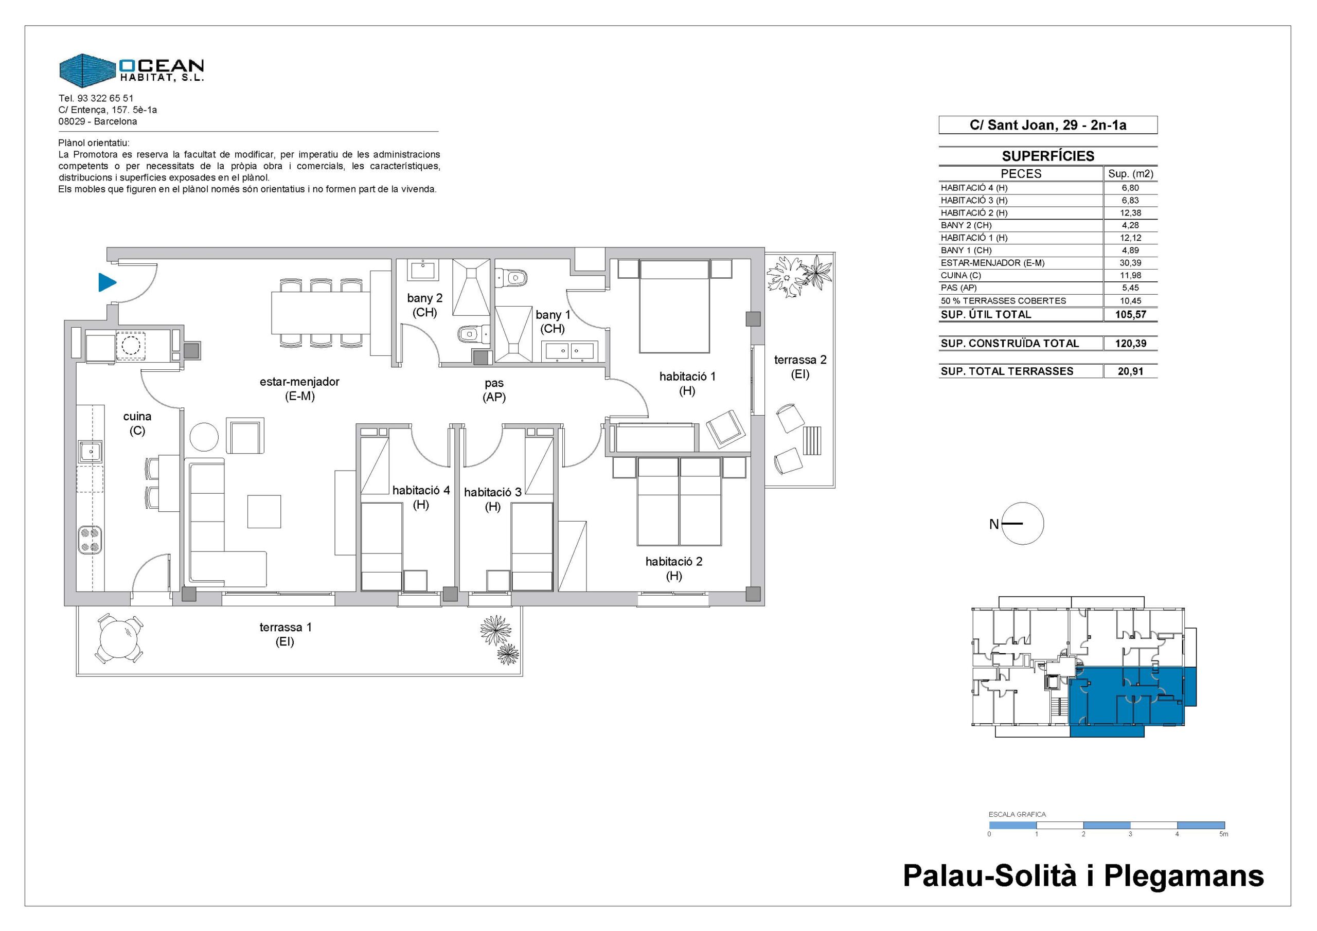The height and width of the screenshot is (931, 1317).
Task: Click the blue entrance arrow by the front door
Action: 108,282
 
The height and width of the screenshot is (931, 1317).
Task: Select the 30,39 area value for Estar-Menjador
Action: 1130,263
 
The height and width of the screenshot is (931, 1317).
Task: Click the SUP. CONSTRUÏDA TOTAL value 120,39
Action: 1130,344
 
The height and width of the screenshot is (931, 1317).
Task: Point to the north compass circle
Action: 1023,523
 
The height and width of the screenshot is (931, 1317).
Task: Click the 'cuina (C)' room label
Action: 137,423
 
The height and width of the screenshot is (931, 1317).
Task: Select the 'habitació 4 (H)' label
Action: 421,497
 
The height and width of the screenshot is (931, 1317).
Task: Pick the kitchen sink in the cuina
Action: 91,452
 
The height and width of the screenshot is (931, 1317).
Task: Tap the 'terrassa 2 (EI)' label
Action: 800,367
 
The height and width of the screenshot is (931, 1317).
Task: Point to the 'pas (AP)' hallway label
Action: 494,390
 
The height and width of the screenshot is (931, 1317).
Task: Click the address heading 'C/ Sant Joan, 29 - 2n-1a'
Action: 1048,125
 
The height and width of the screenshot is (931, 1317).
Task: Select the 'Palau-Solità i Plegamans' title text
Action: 1083,876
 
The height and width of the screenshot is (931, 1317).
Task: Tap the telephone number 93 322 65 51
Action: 105,98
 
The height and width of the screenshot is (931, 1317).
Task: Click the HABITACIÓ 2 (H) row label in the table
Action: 974,213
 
